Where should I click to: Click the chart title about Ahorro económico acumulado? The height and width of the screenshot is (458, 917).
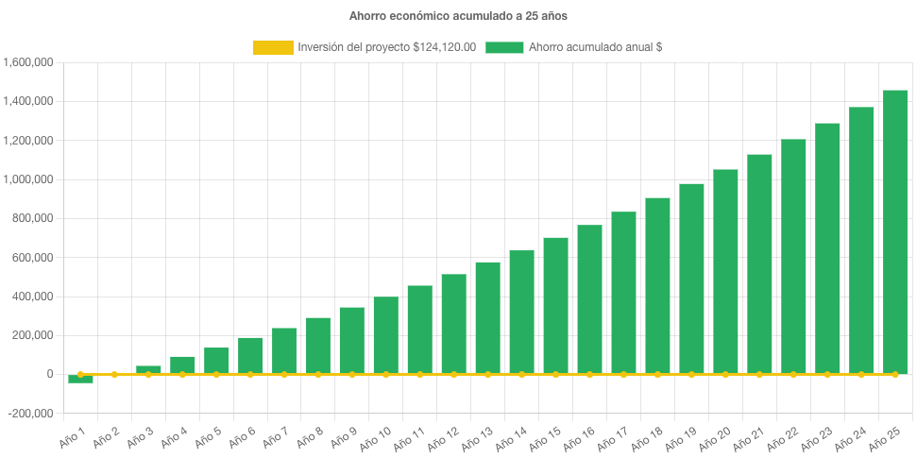coord(459,16)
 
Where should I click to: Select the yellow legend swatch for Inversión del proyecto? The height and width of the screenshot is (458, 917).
coord(273,47)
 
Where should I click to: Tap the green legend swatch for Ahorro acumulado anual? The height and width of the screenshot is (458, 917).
coord(504,47)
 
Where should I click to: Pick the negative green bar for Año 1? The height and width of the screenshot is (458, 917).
coord(80,379)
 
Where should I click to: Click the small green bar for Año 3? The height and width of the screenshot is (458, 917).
coord(148,369)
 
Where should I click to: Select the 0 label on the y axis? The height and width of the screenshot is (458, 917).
coord(48,374)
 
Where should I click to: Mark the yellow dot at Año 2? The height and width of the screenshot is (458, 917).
coord(114,375)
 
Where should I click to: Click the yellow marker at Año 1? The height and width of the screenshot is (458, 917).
coord(80,375)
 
